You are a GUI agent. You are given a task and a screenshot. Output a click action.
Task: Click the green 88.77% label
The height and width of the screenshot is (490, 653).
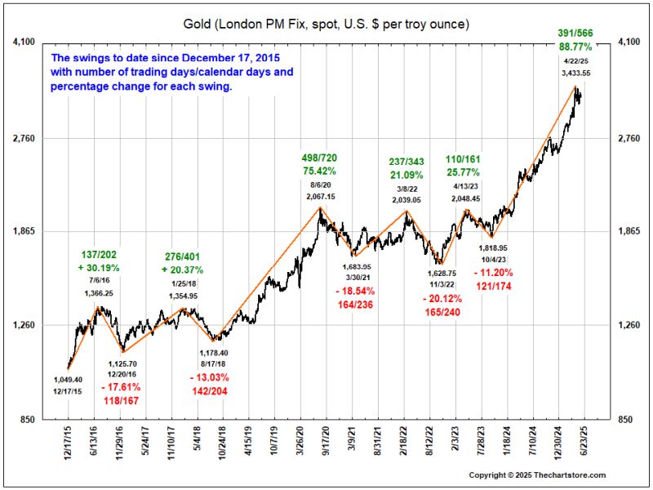pyautogui.click(x=575, y=47)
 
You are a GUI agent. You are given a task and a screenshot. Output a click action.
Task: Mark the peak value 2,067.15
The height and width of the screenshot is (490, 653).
pyautogui.click(x=320, y=197)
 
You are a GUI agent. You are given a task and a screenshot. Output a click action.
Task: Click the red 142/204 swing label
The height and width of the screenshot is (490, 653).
pyautogui.click(x=207, y=391)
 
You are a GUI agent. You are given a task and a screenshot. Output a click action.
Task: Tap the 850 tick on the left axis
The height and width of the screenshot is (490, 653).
pyautogui.click(x=24, y=420)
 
